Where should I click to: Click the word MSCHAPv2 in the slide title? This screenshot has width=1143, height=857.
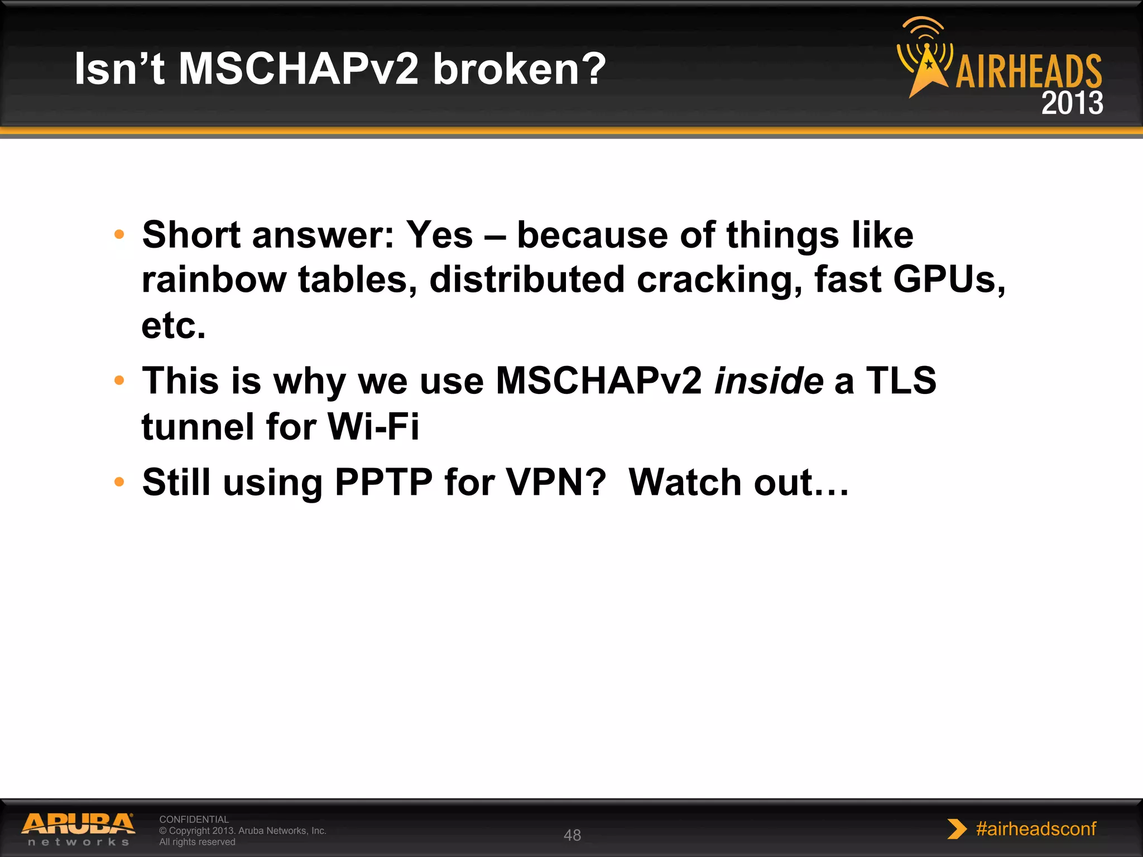[298, 69]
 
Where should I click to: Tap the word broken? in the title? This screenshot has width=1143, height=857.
[519, 69]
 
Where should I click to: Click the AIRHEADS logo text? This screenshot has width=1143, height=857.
[1029, 71]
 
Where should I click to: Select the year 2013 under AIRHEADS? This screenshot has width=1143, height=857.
[1072, 103]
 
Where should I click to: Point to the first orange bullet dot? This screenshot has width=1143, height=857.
[119, 234]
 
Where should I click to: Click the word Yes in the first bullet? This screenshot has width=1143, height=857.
[439, 234]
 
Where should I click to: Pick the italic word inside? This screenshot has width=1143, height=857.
[769, 381]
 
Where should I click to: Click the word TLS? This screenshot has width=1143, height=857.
[901, 381]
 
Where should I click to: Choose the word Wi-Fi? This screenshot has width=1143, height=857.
[373, 427]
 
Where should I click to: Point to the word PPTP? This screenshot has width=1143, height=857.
[383, 482]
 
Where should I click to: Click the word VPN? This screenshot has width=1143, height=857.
[555, 482]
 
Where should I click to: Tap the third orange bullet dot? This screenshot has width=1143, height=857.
[119, 482]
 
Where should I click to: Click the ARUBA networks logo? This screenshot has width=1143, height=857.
[78, 829]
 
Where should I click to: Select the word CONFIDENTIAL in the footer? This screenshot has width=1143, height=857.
[194, 819]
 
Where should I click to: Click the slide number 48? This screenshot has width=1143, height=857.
[572, 835]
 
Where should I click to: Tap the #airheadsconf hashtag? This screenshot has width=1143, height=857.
[1035, 829]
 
